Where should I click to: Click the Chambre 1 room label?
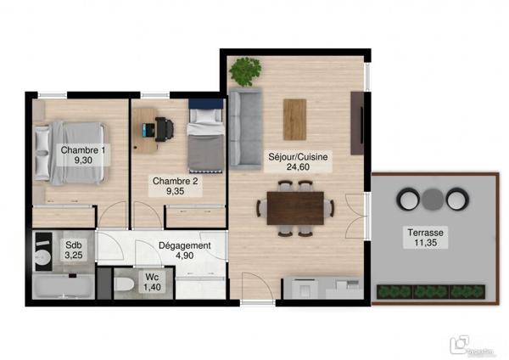coord(83,151)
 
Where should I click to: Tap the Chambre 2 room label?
coord(175,181)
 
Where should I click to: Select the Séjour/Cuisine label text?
coord(299,157)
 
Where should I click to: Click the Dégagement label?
coord(185,246)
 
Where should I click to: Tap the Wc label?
coord(151,278)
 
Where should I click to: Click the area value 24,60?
coord(299,167)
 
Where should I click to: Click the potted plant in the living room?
coord(246,70)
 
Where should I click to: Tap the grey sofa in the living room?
coord(244,130)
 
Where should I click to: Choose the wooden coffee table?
coord(294,119)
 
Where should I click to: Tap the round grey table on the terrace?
coord(433,200)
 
